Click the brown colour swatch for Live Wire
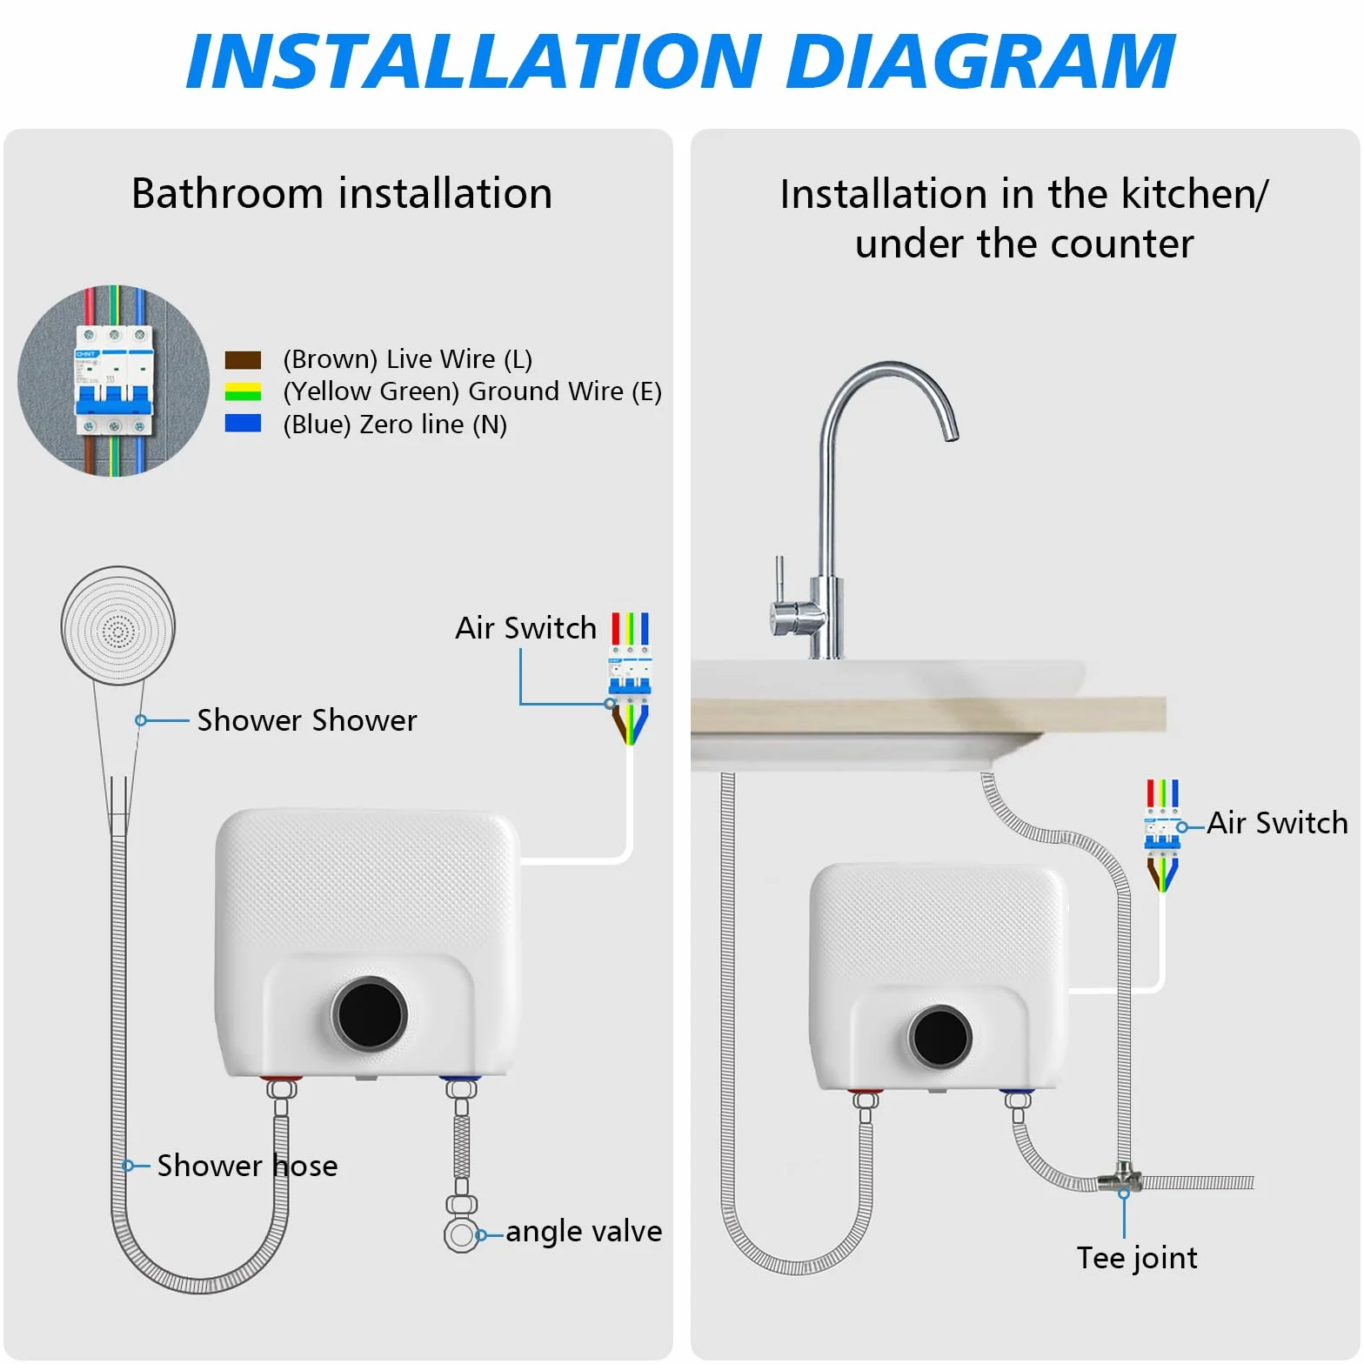pos(243,360)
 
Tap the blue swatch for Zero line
pos(243,423)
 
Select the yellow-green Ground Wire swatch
pos(243,391)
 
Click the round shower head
pos(118,625)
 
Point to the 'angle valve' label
pos(584,1231)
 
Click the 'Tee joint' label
pos(1137,1258)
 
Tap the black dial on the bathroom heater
pos(370,1013)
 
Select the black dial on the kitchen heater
pos(940,1036)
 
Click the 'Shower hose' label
pos(247,1166)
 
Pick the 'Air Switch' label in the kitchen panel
pos(1277,823)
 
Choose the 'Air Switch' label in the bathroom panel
pos(526,628)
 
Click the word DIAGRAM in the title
pos(980,62)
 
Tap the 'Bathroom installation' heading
pos(342,193)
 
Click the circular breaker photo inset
pos(114,381)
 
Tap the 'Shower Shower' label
pos(307,720)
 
